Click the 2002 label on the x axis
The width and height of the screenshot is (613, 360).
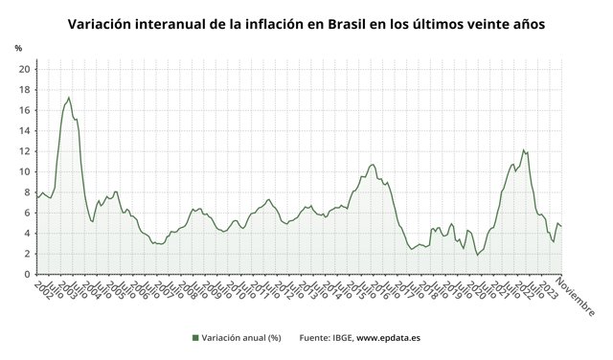[x=44, y=289]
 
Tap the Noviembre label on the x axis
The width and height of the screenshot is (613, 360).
[x=575, y=298]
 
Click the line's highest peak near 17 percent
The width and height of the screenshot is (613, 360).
[x=68, y=98]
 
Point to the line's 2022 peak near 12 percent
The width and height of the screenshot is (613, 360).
[x=523, y=149]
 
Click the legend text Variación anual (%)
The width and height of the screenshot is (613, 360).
[x=241, y=337]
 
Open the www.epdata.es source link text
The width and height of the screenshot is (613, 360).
[x=389, y=337]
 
